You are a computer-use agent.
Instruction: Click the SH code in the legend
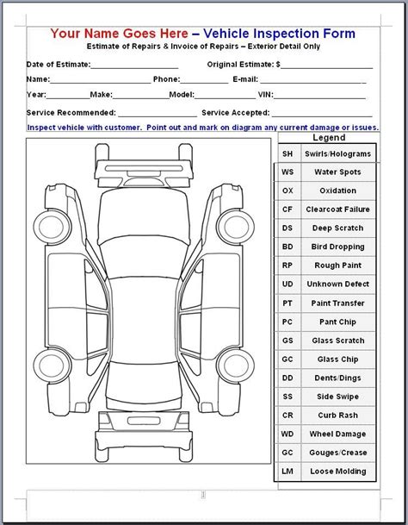pos(287,153)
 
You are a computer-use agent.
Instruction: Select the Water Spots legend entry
pos(338,172)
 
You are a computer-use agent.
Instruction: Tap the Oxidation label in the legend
pos(338,191)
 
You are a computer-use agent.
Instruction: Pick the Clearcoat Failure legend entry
pos(338,209)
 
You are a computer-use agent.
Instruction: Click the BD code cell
pos(287,247)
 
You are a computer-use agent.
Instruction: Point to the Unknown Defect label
pos(338,284)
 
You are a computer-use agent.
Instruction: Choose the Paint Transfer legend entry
pos(338,303)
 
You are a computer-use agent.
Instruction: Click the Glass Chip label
pos(338,359)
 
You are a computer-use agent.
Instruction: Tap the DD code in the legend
pos(287,378)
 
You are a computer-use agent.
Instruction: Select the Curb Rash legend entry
pos(338,415)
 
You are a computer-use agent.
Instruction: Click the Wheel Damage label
pos(338,434)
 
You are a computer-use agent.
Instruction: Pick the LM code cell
pos(287,471)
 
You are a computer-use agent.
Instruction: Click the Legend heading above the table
pos(328,138)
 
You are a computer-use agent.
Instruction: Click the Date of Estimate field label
pos(57,65)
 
